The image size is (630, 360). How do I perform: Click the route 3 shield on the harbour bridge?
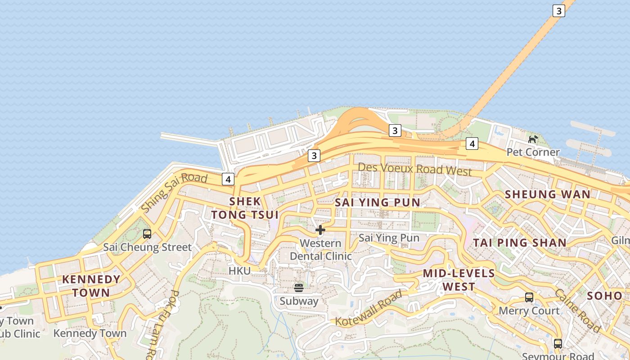click(558, 11)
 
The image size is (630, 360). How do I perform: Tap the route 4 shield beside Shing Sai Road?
click(228, 179)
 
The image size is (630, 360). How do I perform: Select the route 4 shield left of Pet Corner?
click(472, 144)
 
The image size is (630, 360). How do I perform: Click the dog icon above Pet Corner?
click(533, 139)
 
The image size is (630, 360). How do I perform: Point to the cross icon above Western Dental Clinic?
click(320, 230)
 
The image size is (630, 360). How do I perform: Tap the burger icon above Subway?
click(299, 288)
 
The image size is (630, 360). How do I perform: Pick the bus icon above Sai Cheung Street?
click(147, 234)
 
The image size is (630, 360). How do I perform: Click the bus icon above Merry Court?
click(529, 297)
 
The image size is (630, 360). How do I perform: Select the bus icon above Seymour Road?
click(558, 344)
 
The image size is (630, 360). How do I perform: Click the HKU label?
click(239, 271)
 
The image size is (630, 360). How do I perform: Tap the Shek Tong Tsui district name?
click(245, 208)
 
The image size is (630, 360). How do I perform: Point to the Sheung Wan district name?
click(548, 194)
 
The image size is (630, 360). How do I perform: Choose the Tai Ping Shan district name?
click(520, 243)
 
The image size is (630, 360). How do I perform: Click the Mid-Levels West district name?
click(459, 280)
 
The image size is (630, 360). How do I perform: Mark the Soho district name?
click(604, 296)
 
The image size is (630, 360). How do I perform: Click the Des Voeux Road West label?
click(414, 169)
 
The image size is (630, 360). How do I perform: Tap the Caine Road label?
click(577, 310)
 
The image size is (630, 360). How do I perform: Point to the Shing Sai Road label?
click(174, 192)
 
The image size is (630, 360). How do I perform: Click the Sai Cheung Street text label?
click(148, 247)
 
